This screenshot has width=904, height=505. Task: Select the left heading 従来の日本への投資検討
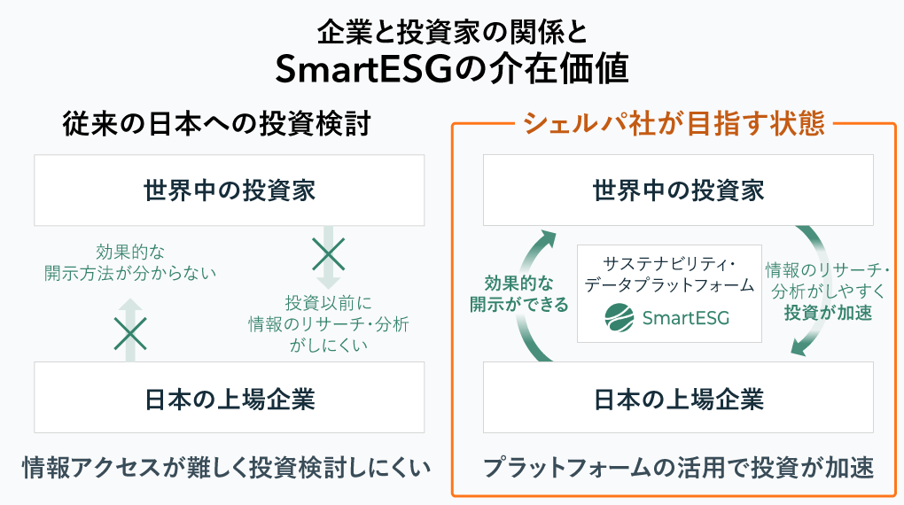pyautogui.click(x=216, y=124)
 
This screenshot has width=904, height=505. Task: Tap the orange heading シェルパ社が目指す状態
pyautogui.click(x=674, y=123)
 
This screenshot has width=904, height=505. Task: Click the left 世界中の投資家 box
pyautogui.click(x=230, y=190)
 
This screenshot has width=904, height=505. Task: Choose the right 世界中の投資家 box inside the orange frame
pyautogui.click(x=678, y=190)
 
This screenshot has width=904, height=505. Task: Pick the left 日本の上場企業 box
pyautogui.click(x=230, y=398)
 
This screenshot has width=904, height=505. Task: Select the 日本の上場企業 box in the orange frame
pyautogui.click(x=678, y=398)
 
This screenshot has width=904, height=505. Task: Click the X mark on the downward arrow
pyautogui.click(x=328, y=254)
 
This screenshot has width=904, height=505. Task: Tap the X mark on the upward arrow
pyautogui.click(x=130, y=333)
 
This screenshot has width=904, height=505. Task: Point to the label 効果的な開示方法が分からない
pyautogui.click(x=130, y=262)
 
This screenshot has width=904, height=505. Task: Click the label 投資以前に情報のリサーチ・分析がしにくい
pyautogui.click(x=329, y=324)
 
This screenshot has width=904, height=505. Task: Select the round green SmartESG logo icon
pyautogui.click(x=620, y=318)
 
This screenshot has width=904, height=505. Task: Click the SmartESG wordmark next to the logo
pyautogui.click(x=686, y=318)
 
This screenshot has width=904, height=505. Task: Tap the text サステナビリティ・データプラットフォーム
pyautogui.click(x=669, y=275)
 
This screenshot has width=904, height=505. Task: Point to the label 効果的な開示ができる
pyautogui.click(x=518, y=294)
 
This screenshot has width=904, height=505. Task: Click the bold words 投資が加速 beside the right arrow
pyautogui.click(x=828, y=313)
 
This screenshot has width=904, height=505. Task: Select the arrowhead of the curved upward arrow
pyautogui.click(x=547, y=238)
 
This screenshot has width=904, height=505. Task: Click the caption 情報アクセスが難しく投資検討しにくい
pyautogui.click(x=227, y=468)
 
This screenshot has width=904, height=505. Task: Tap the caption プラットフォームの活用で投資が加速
pyautogui.click(x=678, y=468)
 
